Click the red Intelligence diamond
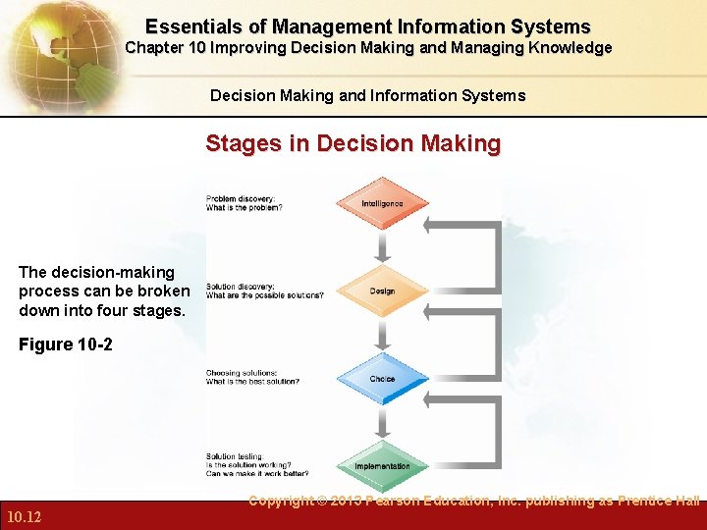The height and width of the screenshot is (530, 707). tap(383, 203)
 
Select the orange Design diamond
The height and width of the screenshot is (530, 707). tap(383, 291)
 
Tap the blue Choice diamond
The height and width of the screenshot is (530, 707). tap(383, 379)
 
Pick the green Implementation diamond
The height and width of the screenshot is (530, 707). tap(383, 465)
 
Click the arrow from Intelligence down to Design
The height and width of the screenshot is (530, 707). tap(383, 245)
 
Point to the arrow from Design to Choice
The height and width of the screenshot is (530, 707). tap(383, 335)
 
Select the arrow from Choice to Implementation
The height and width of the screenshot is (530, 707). tap(383, 422)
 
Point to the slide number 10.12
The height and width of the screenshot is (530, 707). tap(23, 516)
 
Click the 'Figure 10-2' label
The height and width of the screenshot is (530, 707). tap(60, 344)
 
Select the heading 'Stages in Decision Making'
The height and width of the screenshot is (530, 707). tap(353, 144)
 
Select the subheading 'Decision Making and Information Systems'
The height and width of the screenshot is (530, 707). tap(367, 96)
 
